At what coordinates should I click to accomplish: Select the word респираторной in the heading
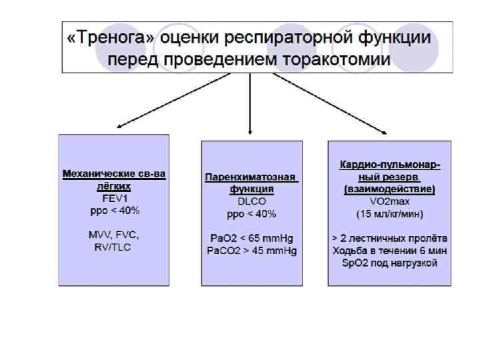coord(293,38)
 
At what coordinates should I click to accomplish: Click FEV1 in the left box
coord(114,198)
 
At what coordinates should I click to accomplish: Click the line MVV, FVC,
coord(114,235)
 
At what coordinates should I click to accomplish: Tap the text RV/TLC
coord(114,247)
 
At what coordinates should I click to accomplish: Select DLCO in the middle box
coord(250,202)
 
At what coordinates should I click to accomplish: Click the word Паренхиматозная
coord(250,178)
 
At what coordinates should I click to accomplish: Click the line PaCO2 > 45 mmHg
coord(250,251)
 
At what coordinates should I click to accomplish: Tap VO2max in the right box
coord(389,202)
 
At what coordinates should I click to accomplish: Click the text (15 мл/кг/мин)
coord(389,214)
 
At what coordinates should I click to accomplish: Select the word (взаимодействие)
coord(389,190)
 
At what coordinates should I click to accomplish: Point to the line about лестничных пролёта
coord(389,239)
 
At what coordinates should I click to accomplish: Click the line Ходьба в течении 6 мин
coord(389,251)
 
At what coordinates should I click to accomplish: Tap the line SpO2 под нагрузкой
coord(389,263)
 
